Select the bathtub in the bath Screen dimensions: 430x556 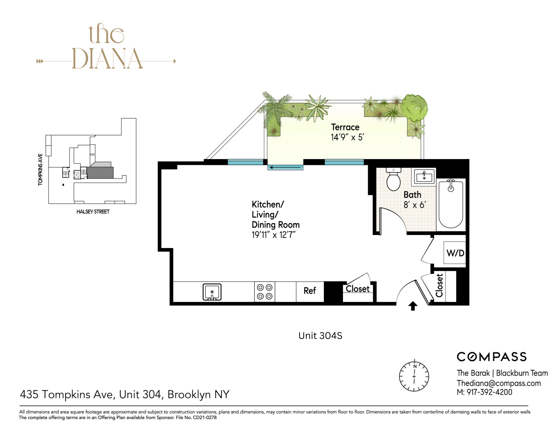pos(451,204)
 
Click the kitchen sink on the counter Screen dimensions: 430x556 pos(212,292)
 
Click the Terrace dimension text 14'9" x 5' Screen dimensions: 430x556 pos(347,137)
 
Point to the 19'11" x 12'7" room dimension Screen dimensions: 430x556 pos(273,235)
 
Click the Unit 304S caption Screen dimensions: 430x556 pos(320,336)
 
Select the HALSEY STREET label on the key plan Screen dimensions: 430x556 pos(93,212)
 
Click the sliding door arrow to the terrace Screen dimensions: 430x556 pos(285,167)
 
